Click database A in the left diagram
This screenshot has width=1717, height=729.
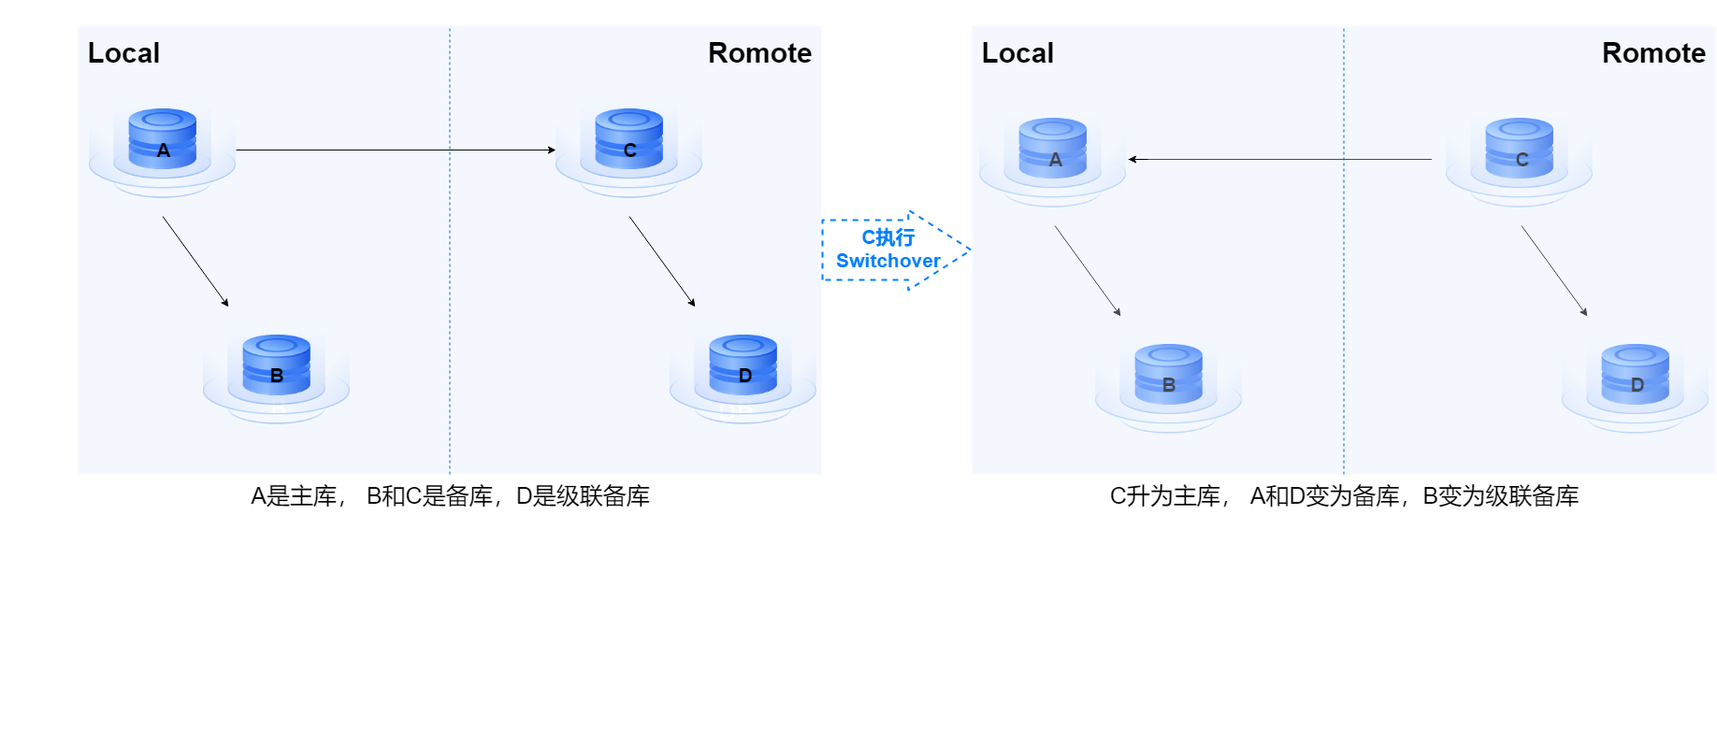point(163,140)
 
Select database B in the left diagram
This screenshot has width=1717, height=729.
point(277,365)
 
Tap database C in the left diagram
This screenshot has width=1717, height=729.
point(629,140)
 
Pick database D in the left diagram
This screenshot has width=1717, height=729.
point(743,365)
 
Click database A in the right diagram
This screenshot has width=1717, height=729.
point(1053,150)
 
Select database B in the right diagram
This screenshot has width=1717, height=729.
point(1169,375)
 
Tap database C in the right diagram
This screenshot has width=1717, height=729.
point(1520,150)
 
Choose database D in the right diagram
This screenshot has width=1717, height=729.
point(1636,375)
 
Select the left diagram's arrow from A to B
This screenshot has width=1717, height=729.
point(195,262)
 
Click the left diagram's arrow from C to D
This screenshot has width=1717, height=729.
point(662,262)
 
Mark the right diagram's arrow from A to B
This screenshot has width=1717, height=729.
point(1088,271)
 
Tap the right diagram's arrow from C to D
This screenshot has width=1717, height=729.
point(1554,271)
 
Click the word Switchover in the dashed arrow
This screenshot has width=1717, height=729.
point(888,262)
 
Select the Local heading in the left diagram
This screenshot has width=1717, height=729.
point(123,53)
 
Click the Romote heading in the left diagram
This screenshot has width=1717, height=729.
point(759,53)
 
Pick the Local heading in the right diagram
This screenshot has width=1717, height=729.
point(1017,53)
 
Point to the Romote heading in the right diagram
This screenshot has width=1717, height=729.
point(1653,53)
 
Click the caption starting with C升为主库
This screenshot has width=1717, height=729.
point(1344,496)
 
